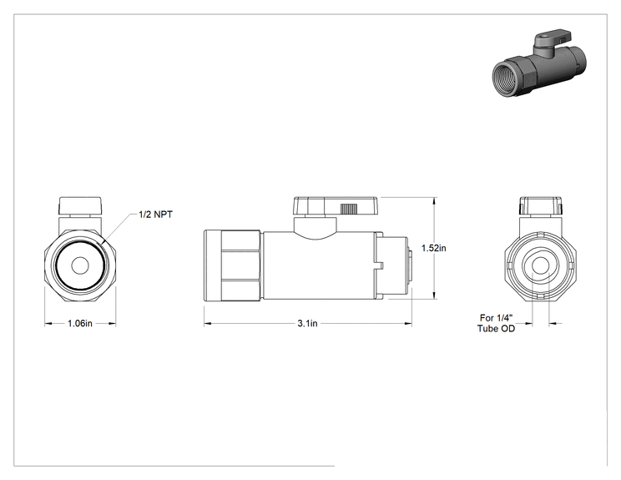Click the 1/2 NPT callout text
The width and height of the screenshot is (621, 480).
[x=155, y=215]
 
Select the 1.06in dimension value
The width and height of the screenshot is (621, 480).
[x=79, y=323]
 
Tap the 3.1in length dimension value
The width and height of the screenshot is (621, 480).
[x=308, y=323]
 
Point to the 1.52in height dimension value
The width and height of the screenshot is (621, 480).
[x=434, y=248]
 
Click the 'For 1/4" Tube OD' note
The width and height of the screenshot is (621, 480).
[x=497, y=323]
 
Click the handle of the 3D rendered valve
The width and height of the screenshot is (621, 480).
[x=553, y=38]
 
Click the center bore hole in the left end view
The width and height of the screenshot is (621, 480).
[x=80, y=265]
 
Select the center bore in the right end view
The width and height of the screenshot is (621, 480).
[x=540, y=265]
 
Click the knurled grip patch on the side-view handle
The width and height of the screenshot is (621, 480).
[x=349, y=209]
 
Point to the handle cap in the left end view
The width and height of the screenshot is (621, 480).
[x=80, y=205]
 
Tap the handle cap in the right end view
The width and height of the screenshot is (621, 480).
[x=541, y=205]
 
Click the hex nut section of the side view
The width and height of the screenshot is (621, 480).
[x=240, y=265]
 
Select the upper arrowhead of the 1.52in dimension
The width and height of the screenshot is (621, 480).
[x=435, y=201]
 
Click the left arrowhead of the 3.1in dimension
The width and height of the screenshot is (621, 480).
[x=209, y=324]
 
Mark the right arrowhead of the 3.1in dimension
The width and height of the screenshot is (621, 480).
[x=407, y=324]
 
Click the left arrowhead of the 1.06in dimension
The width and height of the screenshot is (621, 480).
[x=48, y=324]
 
